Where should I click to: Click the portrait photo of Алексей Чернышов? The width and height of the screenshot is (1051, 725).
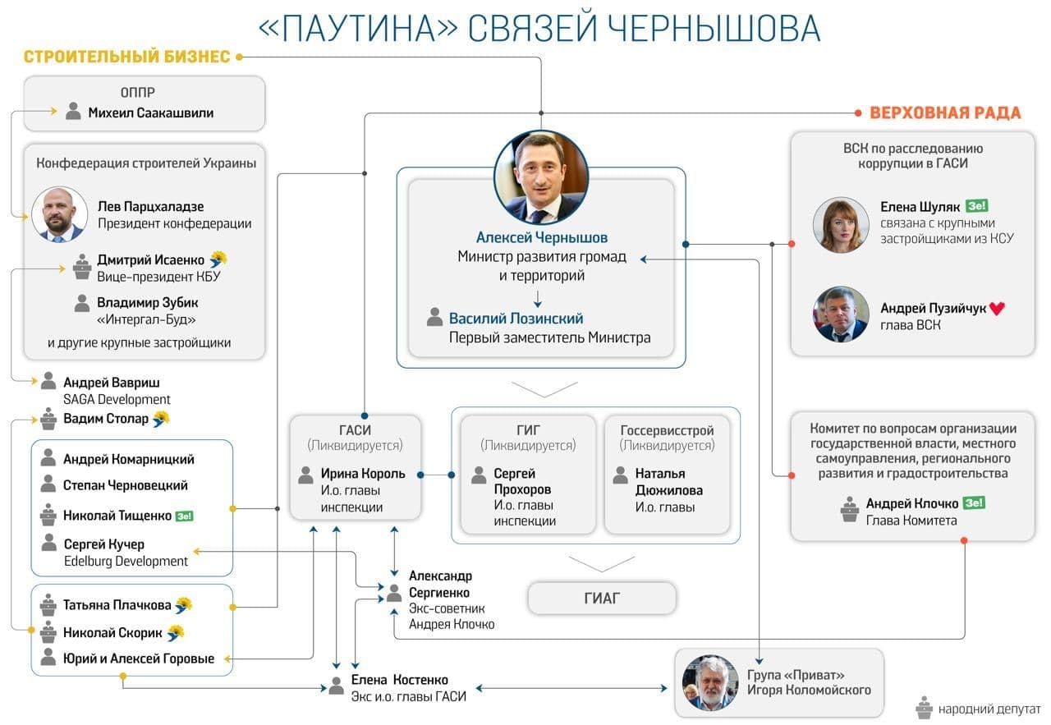coord(541,177)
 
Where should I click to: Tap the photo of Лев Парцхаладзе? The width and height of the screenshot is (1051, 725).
coord(59,214)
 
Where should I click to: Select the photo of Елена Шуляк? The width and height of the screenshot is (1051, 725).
coord(841,225)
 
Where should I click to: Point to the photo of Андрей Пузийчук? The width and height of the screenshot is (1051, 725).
coord(841,314)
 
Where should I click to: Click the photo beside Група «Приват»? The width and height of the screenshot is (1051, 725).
coord(710,682)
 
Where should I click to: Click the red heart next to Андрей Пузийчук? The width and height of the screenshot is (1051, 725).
coord(997,309)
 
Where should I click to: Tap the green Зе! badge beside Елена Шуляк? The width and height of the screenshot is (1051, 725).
coord(976,207)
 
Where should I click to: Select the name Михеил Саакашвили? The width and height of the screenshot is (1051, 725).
coord(150,113)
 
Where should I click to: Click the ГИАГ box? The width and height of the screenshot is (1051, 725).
coord(601,599)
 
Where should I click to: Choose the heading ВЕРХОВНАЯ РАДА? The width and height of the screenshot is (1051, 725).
coord(945,113)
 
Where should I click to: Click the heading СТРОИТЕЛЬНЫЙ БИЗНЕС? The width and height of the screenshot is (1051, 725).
coord(126,57)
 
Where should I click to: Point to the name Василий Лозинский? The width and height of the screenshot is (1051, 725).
coord(516,319)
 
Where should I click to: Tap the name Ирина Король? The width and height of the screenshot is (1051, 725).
coord(363,474)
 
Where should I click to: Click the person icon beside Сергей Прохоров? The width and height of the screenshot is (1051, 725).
coord(480,475)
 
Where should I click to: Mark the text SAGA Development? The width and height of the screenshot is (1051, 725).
coord(117,399)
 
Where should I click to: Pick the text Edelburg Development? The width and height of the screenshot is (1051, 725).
coord(126,561)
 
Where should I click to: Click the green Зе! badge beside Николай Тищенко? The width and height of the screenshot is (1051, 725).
coord(184,516)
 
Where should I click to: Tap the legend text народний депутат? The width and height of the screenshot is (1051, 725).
coord(989,707)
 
